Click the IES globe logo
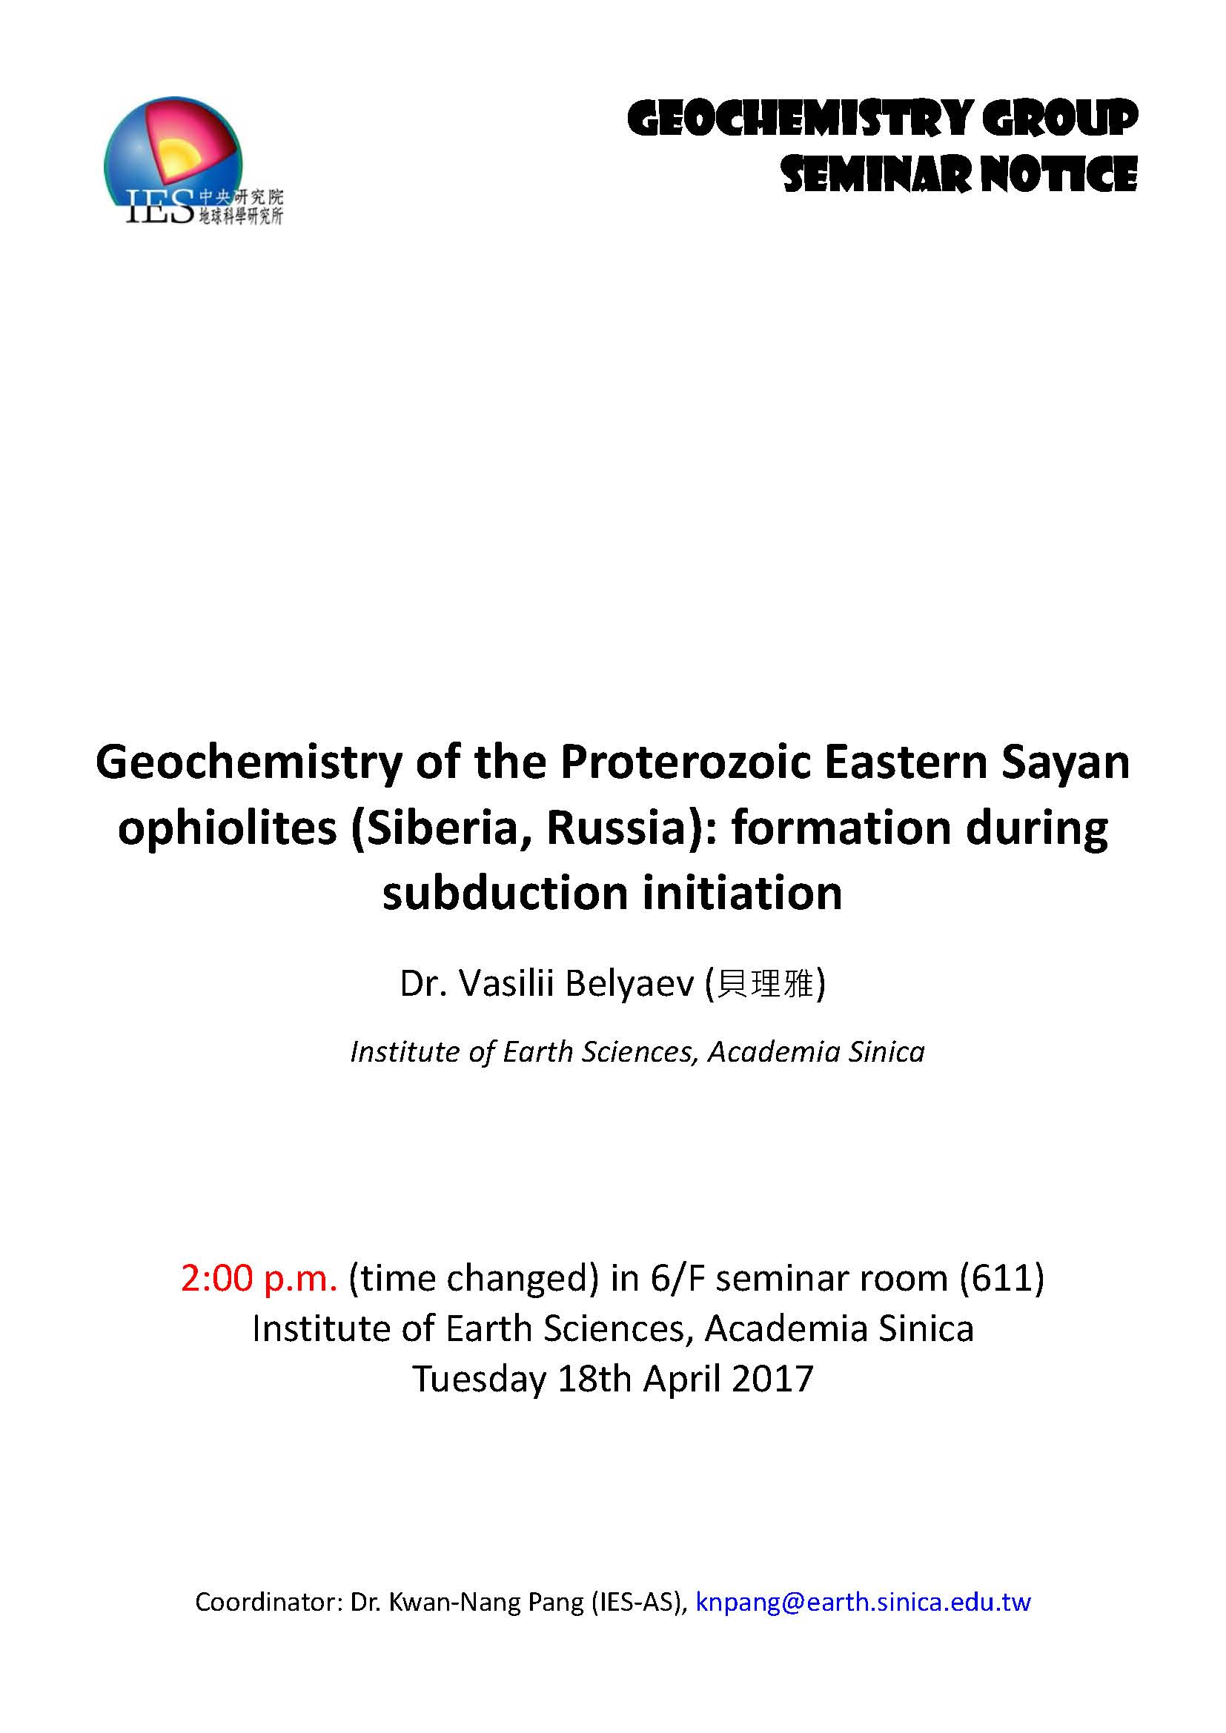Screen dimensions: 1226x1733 tap(193, 161)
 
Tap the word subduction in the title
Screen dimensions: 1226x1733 tap(505, 894)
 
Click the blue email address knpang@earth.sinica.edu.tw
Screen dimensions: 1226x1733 tap(863, 1603)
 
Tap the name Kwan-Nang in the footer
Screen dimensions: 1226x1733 tap(453, 1603)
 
